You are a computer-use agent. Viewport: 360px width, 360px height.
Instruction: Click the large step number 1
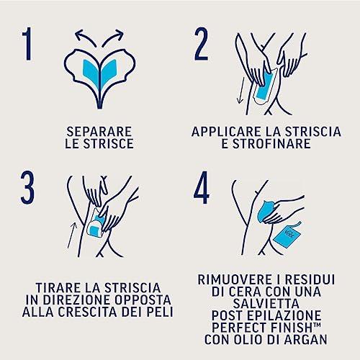click(27, 43)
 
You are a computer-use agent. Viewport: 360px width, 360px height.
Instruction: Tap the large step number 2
click(201, 43)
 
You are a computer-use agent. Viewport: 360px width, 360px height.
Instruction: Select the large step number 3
click(27, 188)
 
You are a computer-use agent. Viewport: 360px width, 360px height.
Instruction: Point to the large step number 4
click(202, 188)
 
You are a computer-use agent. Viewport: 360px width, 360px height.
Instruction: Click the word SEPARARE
click(99, 132)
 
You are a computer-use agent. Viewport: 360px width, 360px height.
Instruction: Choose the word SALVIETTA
click(266, 303)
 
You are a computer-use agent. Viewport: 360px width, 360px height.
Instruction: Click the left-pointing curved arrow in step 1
click(85, 37)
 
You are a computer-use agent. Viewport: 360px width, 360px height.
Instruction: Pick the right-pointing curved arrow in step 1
click(112, 37)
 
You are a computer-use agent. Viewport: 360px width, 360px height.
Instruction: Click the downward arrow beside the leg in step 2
click(240, 90)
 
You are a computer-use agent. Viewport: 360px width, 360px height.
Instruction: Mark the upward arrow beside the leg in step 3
click(72, 235)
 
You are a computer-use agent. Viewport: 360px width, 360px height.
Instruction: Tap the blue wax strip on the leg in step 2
click(264, 86)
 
